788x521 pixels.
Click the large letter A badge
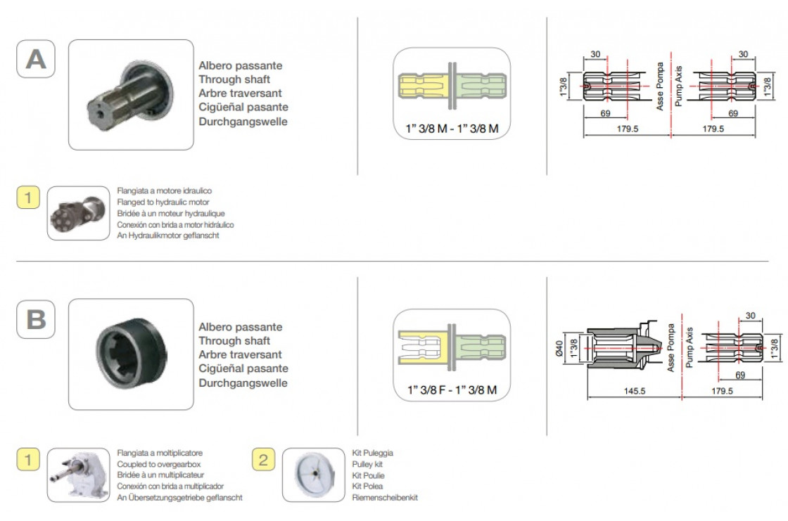point(35,58)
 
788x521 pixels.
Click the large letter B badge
point(35,319)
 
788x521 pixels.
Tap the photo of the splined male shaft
point(131,95)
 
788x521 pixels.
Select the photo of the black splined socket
point(131,354)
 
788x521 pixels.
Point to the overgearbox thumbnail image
point(78,475)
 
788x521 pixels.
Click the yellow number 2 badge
point(263,460)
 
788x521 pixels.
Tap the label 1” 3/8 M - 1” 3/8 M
point(451,128)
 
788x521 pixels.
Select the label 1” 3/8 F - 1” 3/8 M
point(451,390)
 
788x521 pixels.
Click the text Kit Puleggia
point(372,454)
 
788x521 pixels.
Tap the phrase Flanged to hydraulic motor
point(165,202)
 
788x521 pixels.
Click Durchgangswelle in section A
point(243,122)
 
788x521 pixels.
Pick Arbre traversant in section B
point(240,354)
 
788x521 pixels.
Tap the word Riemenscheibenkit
point(385,498)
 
